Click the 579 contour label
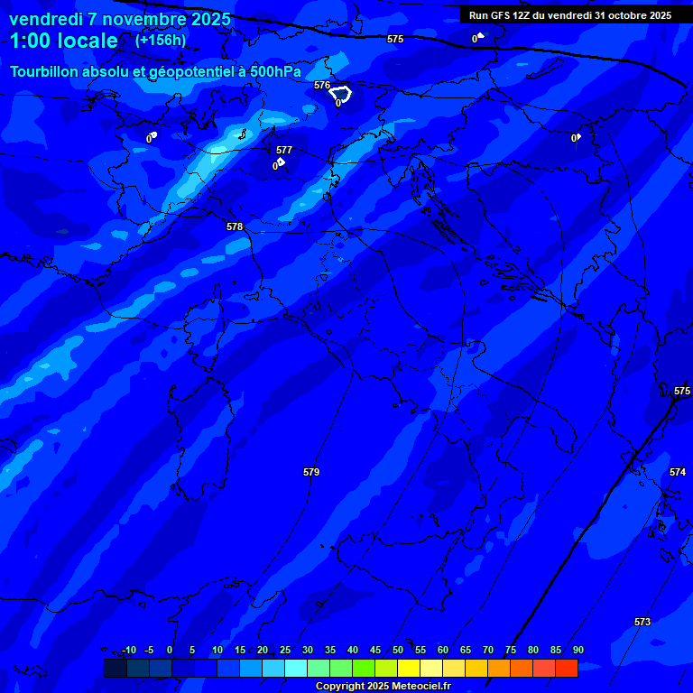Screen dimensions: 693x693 (x=311, y=472)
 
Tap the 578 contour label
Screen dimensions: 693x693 (x=235, y=226)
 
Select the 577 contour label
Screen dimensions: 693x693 (x=284, y=150)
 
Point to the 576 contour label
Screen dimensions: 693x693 (x=322, y=85)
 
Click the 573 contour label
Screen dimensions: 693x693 (x=642, y=622)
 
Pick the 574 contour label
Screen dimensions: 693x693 (x=678, y=472)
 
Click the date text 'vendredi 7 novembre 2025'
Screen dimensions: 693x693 (x=120, y=19)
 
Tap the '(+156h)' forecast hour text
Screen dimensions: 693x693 (x=161, y=41)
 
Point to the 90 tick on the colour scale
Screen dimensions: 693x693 (x=577, y=650)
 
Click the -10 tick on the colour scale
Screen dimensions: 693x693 (x=128, y=650)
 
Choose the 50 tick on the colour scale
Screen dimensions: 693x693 (x=397, y=650)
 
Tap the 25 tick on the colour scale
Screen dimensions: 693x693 (x=284, y=650)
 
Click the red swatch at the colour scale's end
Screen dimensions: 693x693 (x=567, y=668)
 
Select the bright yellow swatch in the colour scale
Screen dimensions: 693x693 (x=409, y=668)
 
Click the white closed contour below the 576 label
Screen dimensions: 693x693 (x=341, y=94)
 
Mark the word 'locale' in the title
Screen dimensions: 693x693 (x=87, y=41)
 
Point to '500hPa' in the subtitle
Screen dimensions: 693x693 (x=275, y=72)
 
